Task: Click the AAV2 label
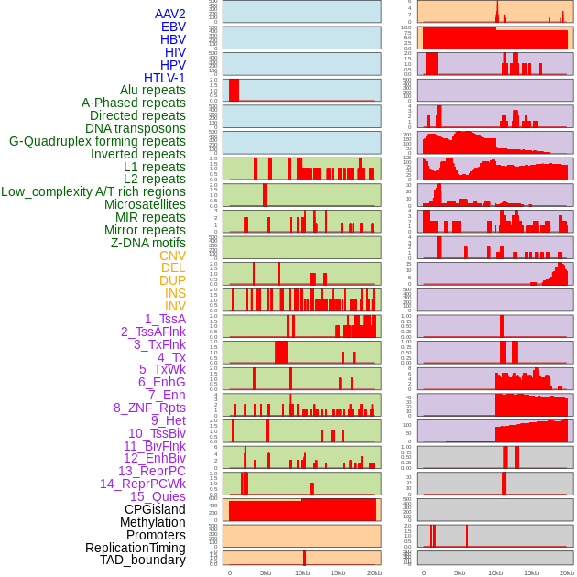point(170,14)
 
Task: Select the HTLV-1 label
point(165,78)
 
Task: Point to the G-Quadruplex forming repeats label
point(97,141)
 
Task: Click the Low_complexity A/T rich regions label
point(93,191)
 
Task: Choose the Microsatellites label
point(145,204)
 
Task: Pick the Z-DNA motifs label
point(147,243)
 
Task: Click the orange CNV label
point(172,256)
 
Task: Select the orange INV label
point(175,306)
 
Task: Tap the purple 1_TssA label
point(165,319)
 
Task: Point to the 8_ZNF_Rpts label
point(149,408)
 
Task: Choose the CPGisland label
point(155,509)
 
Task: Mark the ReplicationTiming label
point(135,548)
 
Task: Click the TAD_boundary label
point(142,560)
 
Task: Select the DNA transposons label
point(136,128)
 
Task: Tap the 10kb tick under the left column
point(302,572)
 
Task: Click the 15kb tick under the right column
point(531,572)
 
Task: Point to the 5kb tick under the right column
point(459,572)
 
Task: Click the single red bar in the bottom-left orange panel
point(304,558)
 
